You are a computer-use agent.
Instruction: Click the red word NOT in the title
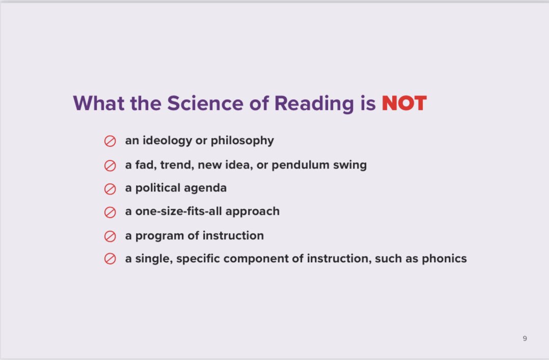click(x=404, y=103)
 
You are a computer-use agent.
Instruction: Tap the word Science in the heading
click(x=205, y=103)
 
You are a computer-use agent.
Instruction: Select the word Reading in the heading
click(x=313, y=103)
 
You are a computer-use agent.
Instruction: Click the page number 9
click(x=525, y=339)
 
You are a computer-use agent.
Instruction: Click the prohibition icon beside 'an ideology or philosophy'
click(x=110, y=141)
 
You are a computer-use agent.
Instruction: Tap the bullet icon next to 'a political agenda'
click(x=110, y=189)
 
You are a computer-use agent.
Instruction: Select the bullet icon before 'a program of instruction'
click(x=110, y=236)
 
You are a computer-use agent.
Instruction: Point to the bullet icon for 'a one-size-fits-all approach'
click(x=110, y=212)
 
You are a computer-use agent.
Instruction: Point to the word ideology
click(x=164, y=141)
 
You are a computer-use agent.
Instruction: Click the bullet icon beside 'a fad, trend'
click(x=110, y=165)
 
